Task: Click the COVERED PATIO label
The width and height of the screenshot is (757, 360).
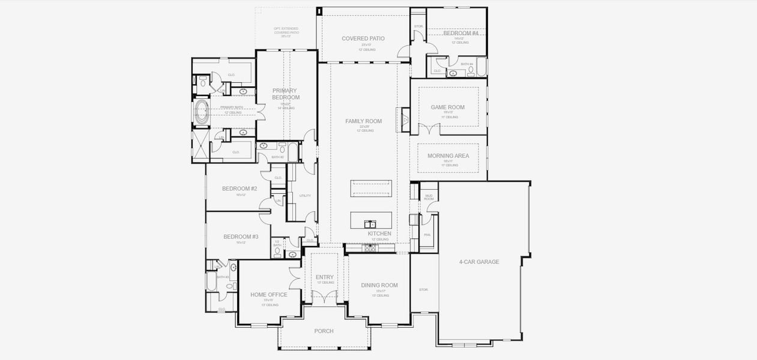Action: click(363, 38)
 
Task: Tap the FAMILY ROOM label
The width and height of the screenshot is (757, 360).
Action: click(363, 121)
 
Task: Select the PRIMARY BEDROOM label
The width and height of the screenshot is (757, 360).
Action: click(285, 94)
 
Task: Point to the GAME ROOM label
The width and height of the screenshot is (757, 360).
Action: click(447, 107)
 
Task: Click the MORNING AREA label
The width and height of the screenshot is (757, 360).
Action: click(448, 156)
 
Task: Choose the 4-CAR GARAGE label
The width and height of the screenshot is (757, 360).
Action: click(479, 262)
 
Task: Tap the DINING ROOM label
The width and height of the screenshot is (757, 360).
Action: click(379, 286)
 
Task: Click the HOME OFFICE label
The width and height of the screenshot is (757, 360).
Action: click(268, 295)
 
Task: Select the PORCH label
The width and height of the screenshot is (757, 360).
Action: click(324, 331)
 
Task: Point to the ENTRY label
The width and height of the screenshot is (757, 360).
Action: click(325, 277)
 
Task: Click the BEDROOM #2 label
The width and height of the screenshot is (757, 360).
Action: click(240, 188)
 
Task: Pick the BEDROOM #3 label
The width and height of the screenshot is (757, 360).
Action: click(241, 237)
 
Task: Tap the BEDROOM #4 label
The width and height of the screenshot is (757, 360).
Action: click(461, 33)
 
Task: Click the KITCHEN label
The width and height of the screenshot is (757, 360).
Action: click(379, 233)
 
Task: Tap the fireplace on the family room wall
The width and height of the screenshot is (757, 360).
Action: click(405, 119)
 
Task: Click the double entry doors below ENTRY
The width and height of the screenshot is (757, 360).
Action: click(325, 296)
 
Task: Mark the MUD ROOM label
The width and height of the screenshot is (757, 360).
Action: click(429, 196)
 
